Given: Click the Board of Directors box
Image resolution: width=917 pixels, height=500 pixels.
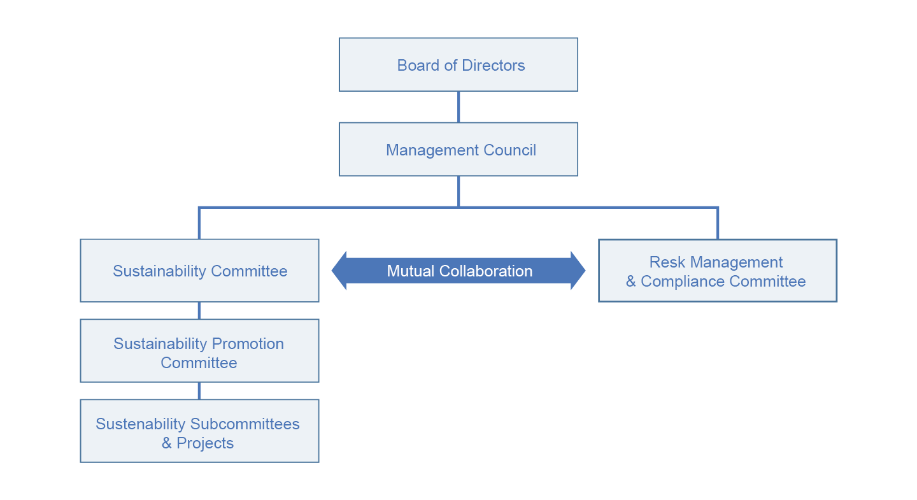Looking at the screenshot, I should pos(458,64).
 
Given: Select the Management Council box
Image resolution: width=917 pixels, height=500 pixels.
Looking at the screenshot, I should pos(458,150).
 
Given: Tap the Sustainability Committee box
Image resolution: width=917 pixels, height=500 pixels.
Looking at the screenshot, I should pos(199,271).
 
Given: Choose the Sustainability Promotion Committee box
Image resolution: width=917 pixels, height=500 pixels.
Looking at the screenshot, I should pos(199,351).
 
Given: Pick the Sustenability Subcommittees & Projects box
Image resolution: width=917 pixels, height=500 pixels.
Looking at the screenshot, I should pos(199,431).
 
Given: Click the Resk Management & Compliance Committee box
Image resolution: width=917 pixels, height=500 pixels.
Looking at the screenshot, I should pos(717,271).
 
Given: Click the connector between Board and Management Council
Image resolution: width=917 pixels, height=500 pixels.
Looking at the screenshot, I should pos(458,106).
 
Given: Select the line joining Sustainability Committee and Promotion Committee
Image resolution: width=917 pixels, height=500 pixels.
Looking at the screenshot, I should pos(199,310).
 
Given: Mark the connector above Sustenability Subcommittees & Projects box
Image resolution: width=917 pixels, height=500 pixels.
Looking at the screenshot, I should pos(199,390).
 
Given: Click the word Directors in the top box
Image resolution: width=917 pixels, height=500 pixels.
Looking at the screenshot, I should pos(494,66).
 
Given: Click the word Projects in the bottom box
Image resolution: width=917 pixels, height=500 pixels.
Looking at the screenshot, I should pos(205,443).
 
